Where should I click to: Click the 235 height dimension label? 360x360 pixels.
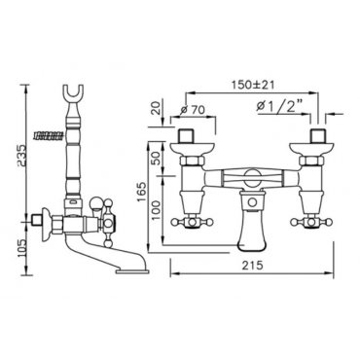pyautogui.click(x=20, y=156)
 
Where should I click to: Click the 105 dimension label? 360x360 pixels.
pyautogui.click(x=21, y=248)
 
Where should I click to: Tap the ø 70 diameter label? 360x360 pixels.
pyautogui.click(x=193, y=110)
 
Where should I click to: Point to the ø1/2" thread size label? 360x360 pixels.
pyautogui.click(x=279, y=105)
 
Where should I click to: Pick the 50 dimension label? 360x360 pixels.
pyautogui.click(x=158, y=159)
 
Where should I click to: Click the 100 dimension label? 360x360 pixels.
pyautogui.click(x=158, y=209)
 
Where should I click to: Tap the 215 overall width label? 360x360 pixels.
pyautogui.click(x=252, y=266)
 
